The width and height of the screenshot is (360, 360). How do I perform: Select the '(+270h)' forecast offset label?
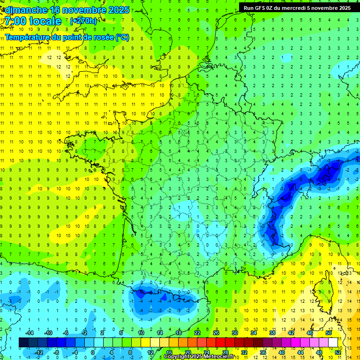coord(83,21)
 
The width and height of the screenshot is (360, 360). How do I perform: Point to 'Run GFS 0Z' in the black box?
coord(259,8)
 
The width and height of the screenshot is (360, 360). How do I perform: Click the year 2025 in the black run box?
coord(342,8)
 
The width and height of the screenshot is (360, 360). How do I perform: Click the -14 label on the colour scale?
coord(31,333)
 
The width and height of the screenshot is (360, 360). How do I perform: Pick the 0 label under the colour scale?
coord(93,352)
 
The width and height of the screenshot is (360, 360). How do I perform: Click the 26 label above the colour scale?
coord(216,333)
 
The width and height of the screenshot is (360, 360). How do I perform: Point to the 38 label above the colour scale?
coord(272,333)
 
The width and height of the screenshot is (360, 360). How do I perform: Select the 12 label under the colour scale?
coord(150,352)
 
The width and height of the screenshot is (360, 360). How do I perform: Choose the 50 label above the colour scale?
coord(329,333)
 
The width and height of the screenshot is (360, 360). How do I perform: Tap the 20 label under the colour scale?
coord(187,352)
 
